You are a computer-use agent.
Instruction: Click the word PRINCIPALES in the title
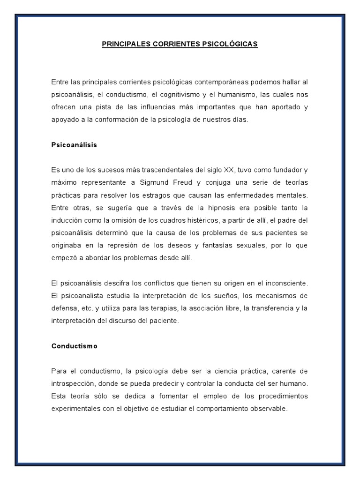coord(123,44)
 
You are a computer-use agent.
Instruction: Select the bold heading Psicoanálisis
coord(74,145)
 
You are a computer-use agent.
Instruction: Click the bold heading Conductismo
coord(75,346)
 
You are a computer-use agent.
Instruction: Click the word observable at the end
coord(268,409)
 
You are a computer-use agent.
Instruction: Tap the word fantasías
coord(223,246)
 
